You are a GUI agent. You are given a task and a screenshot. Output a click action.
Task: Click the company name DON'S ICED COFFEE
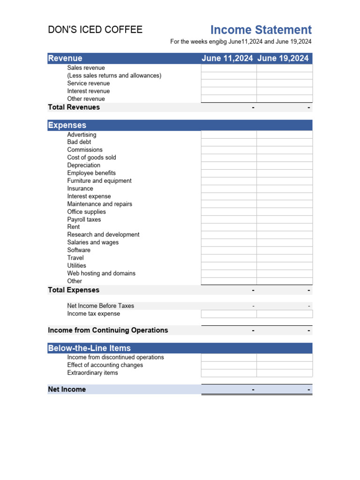point(95,30)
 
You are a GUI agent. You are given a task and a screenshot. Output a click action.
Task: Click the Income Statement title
point(261,30)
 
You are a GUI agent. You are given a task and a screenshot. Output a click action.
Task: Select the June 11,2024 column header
point(227,58)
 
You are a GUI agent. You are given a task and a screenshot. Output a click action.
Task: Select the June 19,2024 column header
point(283,58)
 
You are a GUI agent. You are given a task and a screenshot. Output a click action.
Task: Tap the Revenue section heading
point(65,58)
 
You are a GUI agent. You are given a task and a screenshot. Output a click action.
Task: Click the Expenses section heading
point(67,125)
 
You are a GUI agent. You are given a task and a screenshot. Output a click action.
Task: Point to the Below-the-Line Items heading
point(89,348)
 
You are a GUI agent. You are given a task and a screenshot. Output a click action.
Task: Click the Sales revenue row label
point(86,68)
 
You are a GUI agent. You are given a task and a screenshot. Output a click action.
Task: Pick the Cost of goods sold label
point(91,157)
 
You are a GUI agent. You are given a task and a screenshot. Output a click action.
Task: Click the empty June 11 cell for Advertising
point(229,135)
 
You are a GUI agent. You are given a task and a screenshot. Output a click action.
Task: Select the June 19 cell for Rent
point(284,227)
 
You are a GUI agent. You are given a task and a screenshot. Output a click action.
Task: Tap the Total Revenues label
point(74,107)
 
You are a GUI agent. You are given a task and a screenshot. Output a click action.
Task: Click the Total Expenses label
point(74,290)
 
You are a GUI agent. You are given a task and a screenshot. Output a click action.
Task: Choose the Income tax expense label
point(93,314)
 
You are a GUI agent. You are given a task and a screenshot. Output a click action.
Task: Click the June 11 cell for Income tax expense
point(229,314)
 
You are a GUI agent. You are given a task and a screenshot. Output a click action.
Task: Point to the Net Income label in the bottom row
point(67,390)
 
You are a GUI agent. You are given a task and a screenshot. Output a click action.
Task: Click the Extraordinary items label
point(92,373)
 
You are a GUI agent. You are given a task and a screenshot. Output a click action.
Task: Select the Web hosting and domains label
point(101,273)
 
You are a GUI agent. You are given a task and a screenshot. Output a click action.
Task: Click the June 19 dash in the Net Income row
point(309,390)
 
